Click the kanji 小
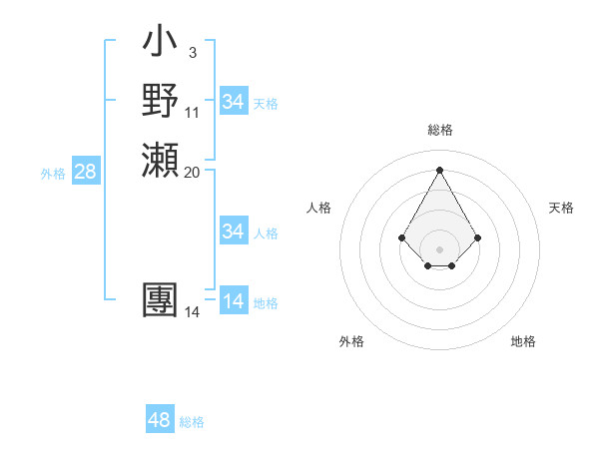160,43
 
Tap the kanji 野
160,101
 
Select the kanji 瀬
160,160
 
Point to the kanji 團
160,301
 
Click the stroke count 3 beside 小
192,53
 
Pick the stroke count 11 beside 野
192,112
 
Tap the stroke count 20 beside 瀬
192,172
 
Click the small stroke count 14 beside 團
192,312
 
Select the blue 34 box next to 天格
233,102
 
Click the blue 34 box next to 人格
233,232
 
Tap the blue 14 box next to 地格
233,301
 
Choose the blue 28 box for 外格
85,172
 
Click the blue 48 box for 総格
159,420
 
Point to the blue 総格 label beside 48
192,422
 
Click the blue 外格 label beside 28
53,174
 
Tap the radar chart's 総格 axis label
439,130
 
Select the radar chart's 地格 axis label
523,341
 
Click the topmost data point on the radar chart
439,169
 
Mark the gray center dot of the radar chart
439,248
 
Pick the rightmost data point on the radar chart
477,237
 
